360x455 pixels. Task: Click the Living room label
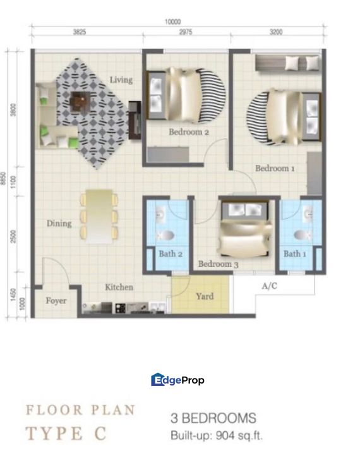tap(121, 80)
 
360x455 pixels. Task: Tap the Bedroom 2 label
tap(188, 132)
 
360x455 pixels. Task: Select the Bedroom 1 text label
tap(275, 169)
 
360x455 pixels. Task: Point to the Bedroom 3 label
tap(218, 264)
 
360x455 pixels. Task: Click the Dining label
tap(59, 223)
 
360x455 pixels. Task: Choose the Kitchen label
tap(119, 287)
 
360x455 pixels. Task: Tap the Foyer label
tap(56, 301)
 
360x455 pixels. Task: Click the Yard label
tap(205, 296)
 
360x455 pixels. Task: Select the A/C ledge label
tap(270, 286)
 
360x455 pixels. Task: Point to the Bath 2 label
tap(171, 254)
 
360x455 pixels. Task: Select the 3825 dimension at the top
tap(80, 30)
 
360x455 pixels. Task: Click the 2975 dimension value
tap(186, 30)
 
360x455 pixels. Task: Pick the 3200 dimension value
tap(276, 30)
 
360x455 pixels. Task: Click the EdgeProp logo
tap(178, 380)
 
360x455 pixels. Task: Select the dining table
tap(99, 216)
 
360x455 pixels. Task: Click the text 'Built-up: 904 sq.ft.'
tap(216, 435)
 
